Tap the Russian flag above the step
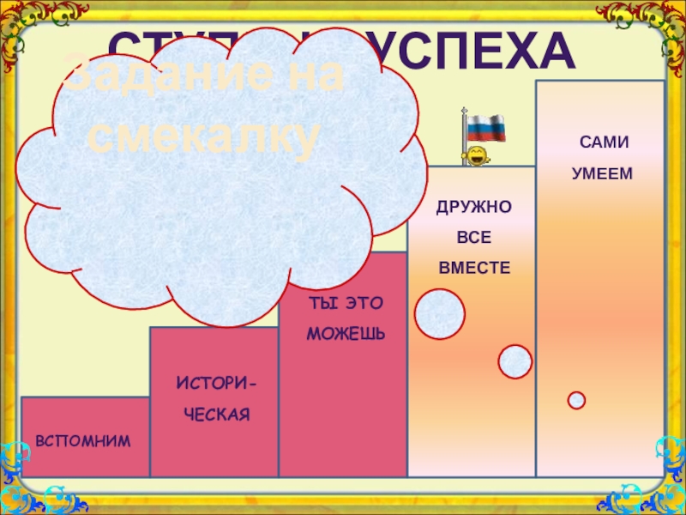[486, 128]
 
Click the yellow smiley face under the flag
[474, 155]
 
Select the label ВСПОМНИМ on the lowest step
[83, 440]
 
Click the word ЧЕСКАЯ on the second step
[214, 415]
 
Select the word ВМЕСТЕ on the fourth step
[474, 269]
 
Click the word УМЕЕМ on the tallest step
[601, 173]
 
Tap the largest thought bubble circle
[439, 313]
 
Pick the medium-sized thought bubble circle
[514, 361]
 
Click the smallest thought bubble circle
[576, 400]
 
